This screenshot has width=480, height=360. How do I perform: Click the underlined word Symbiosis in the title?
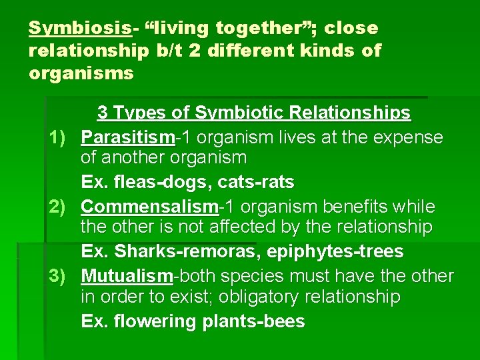click(79, 28)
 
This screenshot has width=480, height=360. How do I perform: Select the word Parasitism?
click(128, 137)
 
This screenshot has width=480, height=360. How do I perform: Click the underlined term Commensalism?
click(150, 207)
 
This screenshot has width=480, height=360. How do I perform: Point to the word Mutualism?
click(127, 276)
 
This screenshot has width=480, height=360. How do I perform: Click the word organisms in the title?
click(81, 73)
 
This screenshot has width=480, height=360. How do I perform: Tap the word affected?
click(243, 227)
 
